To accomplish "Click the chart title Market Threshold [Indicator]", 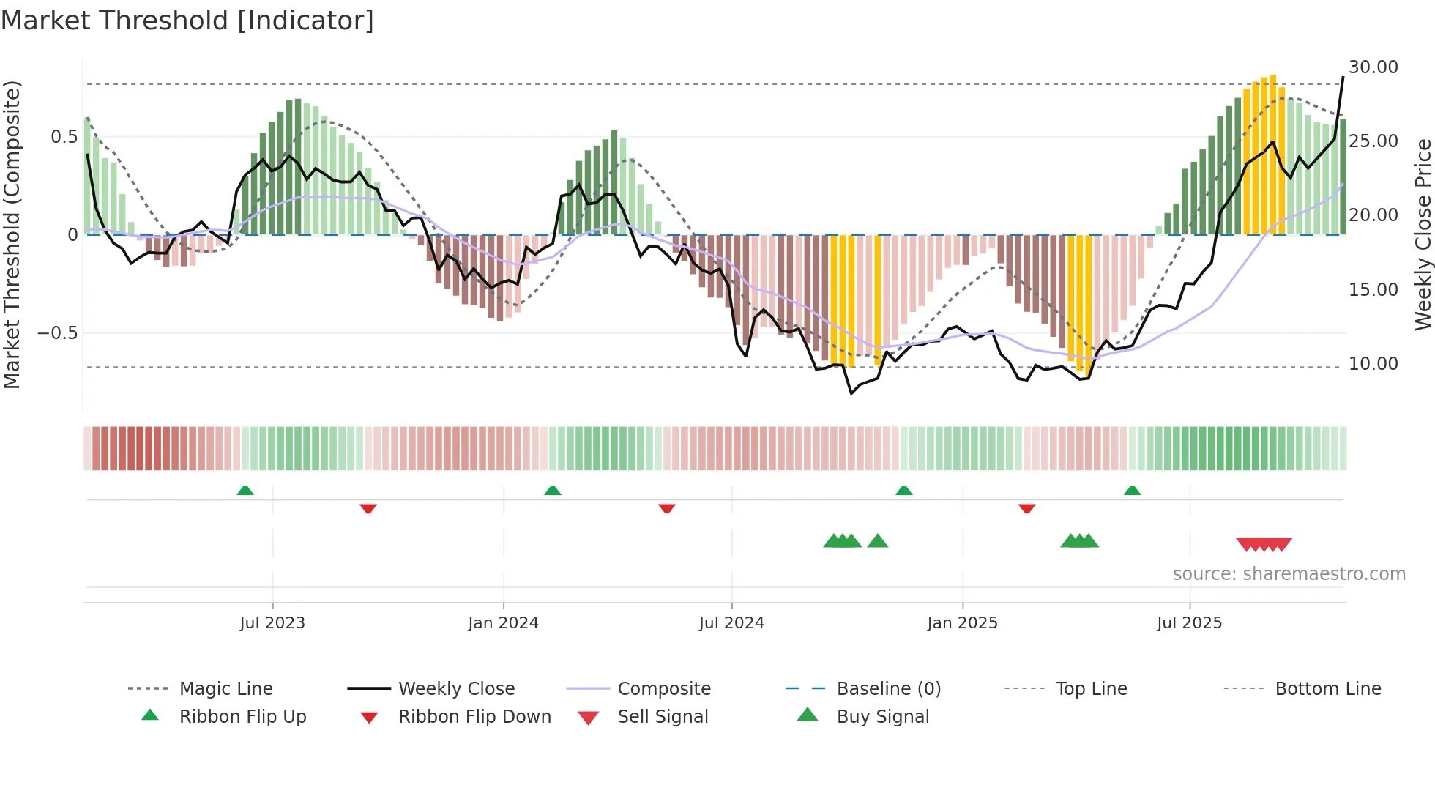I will (x=187, y=21).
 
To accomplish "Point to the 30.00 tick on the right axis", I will (x=1373, y=67).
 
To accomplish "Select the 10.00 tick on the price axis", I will (x=1373, y=364).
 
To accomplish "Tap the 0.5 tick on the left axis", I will (x=64, y=137).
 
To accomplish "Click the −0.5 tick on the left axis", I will (x=58, y=333).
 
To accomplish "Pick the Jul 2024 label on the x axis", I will (x=731, y=623).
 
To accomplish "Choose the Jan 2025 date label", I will (x=962, y=623).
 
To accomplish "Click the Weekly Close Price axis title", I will (x=1423, y=234).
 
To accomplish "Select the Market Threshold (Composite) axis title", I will (x=12, y=234).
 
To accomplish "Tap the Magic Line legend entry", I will (x=225, y=689).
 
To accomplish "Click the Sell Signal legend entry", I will (x=663, y=717).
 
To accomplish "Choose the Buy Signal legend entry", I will (x=882, y=717).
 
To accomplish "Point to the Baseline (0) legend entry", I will (x=888, y=689).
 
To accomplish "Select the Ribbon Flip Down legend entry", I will (x=474, y=717).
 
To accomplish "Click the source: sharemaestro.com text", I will (x=1289, y=574).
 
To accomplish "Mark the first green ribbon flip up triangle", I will (x=245, y=491).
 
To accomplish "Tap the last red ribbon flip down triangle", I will (x=1026, y=508).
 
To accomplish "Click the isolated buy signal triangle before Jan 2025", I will (x=877, y=541).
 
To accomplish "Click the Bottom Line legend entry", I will (x=1327, y=689).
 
